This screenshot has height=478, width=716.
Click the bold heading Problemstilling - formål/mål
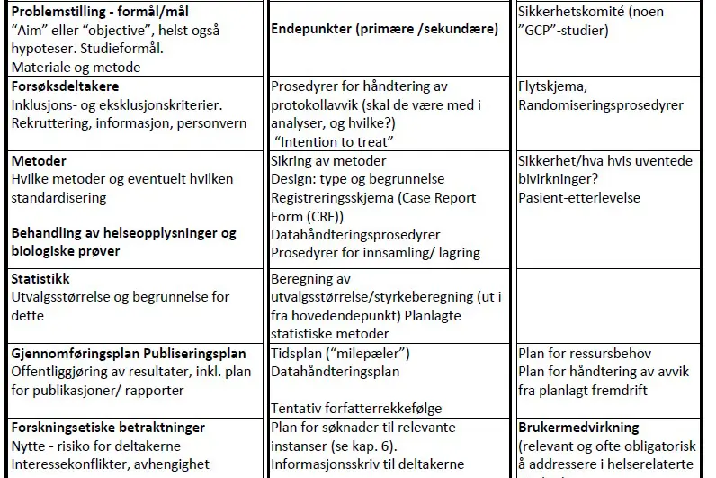(x=113, y=12)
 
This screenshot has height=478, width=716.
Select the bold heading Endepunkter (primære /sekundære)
(x=384, y=30)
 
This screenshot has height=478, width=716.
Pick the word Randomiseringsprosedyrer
(x=601, y=105)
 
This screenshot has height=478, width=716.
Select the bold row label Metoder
(x=39, y=160)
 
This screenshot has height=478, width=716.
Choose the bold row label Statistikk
(x=40, y=279)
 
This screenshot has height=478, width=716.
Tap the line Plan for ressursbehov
(x=585, y=353)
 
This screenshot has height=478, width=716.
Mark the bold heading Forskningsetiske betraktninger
(x=108, y=428)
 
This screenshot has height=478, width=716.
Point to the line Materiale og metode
(x=76, y=68)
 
